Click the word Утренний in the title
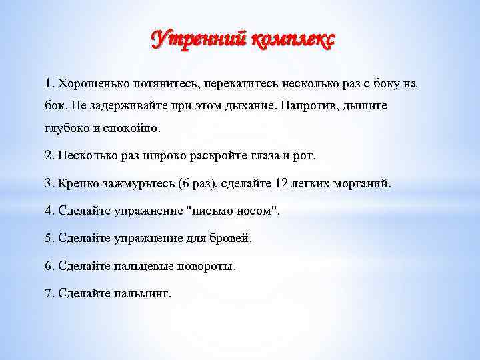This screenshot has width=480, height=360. tap(198, 40)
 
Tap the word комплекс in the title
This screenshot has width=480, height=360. tap(291, 40)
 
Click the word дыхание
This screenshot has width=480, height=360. tap(251, 106)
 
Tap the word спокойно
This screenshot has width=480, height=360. tap(135, 127)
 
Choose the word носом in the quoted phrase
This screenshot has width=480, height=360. tap(253, 211)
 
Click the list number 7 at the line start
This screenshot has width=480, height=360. tap(48, 293)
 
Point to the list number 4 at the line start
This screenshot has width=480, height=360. tap(48, 211)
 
